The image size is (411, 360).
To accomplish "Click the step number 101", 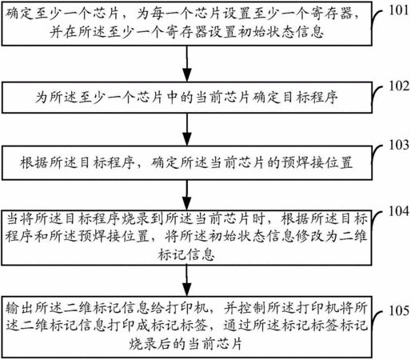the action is point(399,10).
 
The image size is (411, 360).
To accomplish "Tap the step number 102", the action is point(399,86).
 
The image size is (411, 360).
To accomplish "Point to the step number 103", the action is point(399,145).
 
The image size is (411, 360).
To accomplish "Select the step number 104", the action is point(399,211).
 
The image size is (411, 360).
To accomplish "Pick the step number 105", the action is point(399,310).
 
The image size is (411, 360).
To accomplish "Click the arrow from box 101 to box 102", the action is point(187,64).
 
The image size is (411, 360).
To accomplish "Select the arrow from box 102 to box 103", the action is point(187,130).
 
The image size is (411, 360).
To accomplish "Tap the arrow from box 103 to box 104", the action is point(187,195).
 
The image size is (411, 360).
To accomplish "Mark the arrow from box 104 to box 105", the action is point(187,280).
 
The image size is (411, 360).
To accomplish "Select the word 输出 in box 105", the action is point(19,308).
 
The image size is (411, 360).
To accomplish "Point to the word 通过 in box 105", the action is point(237,326).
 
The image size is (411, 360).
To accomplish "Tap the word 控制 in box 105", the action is point(252,308).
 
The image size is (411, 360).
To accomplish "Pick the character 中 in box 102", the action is point(172,98).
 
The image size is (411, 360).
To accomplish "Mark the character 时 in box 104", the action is point(258,219).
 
